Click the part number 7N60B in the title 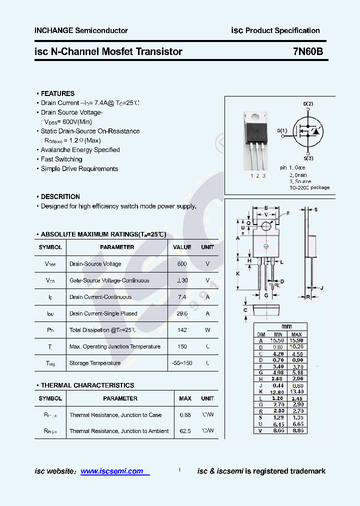pyautogui.click(x=311, y=51)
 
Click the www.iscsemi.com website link pyautogui.click(x=111, y=471)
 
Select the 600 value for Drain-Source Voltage pyautogui.click(x=182, y=264)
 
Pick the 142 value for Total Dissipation pyautogui.click(x=182, y=330)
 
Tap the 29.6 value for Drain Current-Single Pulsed pyautogui.click(x=182, y=313)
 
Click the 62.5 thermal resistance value pyautogui.click(x=185, y=431)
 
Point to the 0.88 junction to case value pyautogui.click(x=185, y=415)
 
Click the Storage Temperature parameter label pyautogui.click(x=95, y=363)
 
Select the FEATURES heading pyautogui.click(x=57, y=93)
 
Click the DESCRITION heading pyautogui.click(x=60, y=196)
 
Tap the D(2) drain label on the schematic pyautogui.click(x=308, y=103)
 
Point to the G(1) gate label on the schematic pyautogui.click(x=282, y=131)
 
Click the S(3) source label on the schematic pyautogui.click(x=308, y=158)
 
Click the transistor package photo pyautogui.click(x=256, y=140)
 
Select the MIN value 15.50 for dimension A pyautogui.click(x=276, y=340)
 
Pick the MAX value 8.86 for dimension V pyautogui.click(x=296, y=430)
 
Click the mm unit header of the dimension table pyautogui.click(x=286, y=326)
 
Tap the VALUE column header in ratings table pyautogui.click(x=182, y=247)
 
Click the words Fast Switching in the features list pyautogui.click(x=61, y=159)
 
